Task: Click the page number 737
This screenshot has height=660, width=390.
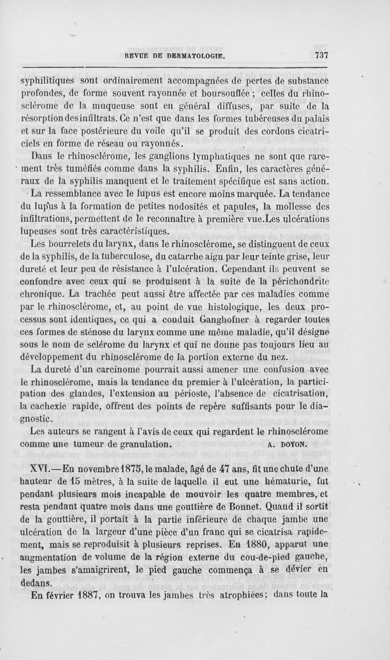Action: (320, 55)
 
